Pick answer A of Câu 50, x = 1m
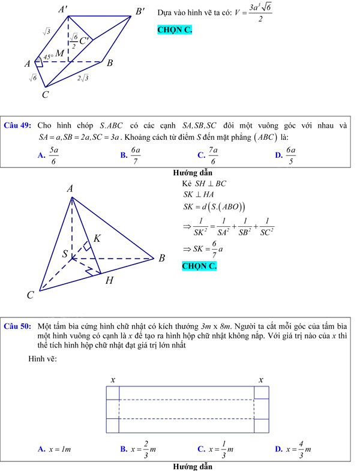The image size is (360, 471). click(55, 449)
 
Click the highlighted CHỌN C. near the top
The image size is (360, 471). click(175, 29)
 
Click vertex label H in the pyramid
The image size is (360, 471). click(109, 280)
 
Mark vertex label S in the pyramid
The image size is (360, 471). click(65, 254)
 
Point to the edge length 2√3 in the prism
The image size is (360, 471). click(83, 78)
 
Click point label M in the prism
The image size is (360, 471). click(60, 54)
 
